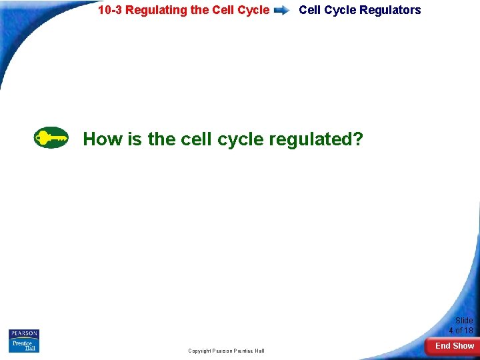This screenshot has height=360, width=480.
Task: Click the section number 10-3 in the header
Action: pyautogui.click(x=109, y=10)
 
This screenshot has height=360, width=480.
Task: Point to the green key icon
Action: pyautogui.click(x=51, y=138)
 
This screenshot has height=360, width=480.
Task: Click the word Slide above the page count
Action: pyautogui.click(x=463, y=321)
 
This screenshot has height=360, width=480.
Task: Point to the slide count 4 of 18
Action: pyautogui.click(x=461, y=331)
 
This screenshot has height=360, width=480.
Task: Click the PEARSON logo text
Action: pyautogui.click(x=24, y=333)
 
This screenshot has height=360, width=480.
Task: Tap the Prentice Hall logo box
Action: pyautogui.click(x=24, y=345)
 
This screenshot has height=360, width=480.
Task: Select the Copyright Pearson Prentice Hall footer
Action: pyautogui.click(x=226, y=351)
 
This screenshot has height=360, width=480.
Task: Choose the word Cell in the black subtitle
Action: pyautogui.click(x=310, y=10)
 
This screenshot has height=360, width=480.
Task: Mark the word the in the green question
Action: pyautogui.click(x=161, y=139)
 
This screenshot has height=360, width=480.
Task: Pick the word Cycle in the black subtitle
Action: pyautogui.click(x=340, y=10)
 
